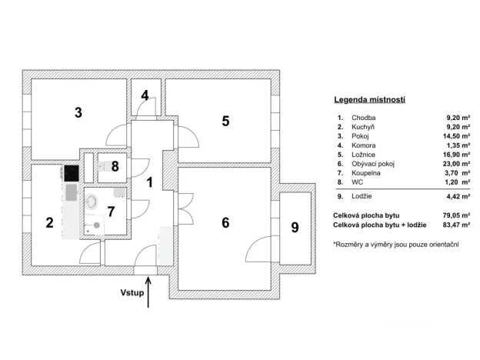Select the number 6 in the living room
225,223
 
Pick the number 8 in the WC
114,165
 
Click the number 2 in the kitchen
49,223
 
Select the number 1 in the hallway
151,182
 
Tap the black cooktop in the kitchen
72,173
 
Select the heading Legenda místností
369,100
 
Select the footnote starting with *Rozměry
395,244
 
